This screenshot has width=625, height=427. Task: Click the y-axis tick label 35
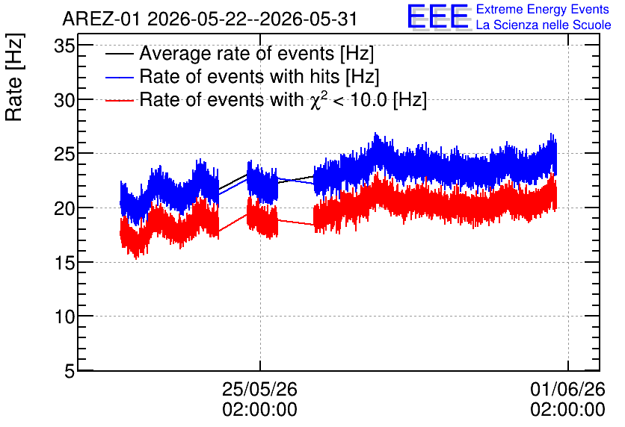point(64,46)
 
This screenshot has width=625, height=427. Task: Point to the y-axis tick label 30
point(64,100)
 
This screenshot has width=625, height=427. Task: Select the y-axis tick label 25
point(64,155)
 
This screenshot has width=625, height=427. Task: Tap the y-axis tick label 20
point(64,208)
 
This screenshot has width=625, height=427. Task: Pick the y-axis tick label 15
point(64,263)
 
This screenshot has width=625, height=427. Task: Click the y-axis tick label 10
point(64,317)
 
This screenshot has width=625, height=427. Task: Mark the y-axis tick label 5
point(70,371)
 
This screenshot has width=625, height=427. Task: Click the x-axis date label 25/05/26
point(259,389)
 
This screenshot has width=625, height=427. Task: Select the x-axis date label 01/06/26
point(567,389)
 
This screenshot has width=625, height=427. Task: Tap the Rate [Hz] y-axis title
point(14,77)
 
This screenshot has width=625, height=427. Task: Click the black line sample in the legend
point(119,54)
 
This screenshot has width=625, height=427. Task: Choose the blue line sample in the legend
point(119,77)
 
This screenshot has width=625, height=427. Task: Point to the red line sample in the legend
point(119,100)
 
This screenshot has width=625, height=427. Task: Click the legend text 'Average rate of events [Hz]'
point(256,54)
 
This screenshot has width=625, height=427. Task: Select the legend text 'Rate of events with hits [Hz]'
point(259,77)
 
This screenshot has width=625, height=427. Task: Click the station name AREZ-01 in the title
point(101,19)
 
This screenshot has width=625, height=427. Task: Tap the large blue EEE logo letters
point(438,16)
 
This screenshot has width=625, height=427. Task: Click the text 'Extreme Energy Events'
point(543,9)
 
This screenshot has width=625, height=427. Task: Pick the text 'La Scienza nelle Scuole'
point(544,25)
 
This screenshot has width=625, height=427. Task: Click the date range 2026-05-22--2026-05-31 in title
point(252,19)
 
